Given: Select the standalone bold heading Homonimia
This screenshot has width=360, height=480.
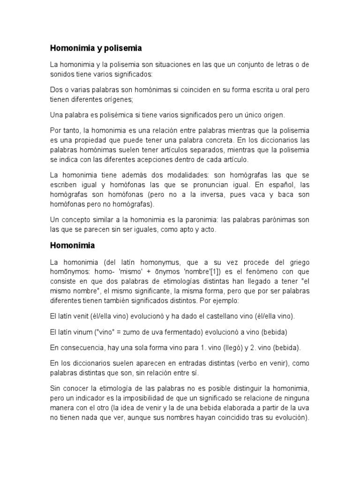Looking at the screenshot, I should pos(72,245).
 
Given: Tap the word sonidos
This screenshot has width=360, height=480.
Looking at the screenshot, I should pos(63,74).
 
